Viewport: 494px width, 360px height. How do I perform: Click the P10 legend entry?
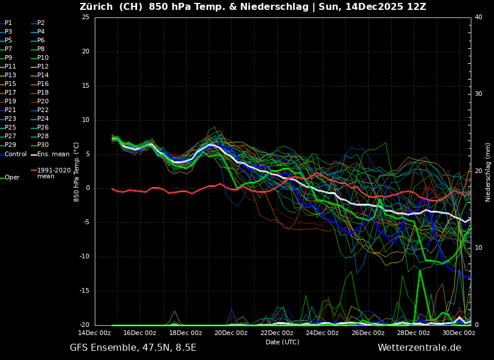coord(43,58)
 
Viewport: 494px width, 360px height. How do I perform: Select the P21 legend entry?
coord(10,110)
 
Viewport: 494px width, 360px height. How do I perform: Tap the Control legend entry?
coord(16,154)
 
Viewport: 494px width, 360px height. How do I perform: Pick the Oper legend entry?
coord(12,178)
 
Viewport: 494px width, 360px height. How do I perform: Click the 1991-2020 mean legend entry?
coord(53,173)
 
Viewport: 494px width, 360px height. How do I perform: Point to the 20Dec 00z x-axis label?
coord(231,333)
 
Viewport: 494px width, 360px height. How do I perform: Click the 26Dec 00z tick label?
coord(368,333)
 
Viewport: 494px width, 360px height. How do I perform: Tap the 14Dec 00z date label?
coord(95,333)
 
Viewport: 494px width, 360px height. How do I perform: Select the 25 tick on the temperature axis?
coord(85,17)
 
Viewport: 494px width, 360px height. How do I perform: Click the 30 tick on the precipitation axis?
coord(478,94)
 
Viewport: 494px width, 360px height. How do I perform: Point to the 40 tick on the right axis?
coord(478,17)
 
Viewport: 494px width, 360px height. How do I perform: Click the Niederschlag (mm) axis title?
coord(488,172)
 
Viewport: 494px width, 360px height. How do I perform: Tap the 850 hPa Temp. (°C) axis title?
coord(76,172)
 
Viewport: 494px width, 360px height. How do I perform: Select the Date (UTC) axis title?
coord(282,343)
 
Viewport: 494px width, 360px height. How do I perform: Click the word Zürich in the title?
coord(96,7)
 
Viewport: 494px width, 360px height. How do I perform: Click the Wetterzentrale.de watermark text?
coord(419,348)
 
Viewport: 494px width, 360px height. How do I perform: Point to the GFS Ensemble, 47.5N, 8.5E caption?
coord(133,348)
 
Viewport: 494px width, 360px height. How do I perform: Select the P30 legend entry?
coord(43,145)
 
